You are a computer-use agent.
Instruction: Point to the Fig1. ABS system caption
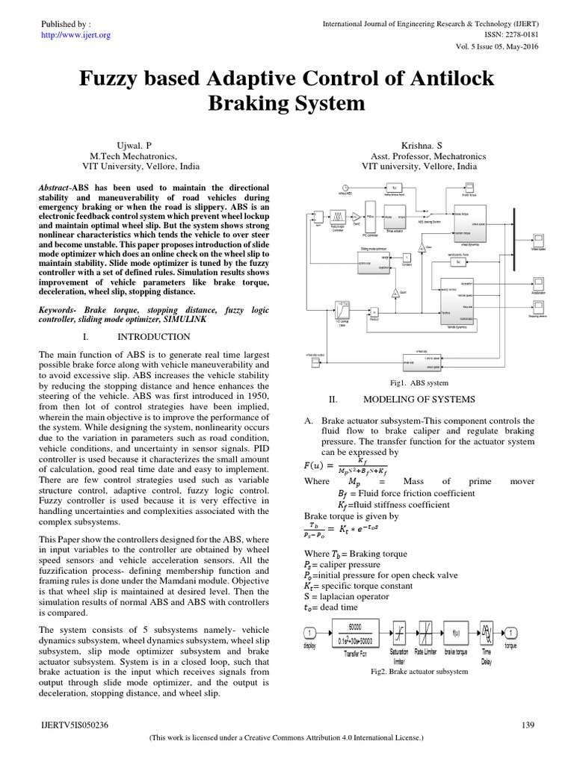(x=424, y=382)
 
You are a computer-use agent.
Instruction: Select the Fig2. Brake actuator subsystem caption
(x=419, y=672)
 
